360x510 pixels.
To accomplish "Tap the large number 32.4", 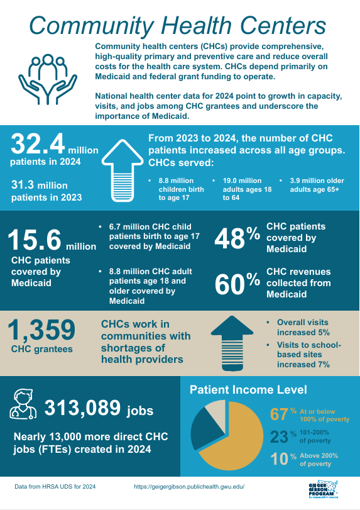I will tap(38, 146).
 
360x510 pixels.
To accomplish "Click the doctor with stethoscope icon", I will tap(23, 404).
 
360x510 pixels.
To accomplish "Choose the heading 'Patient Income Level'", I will tap(248, 390).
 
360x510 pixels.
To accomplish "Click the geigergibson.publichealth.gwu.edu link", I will tap(188, 487).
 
